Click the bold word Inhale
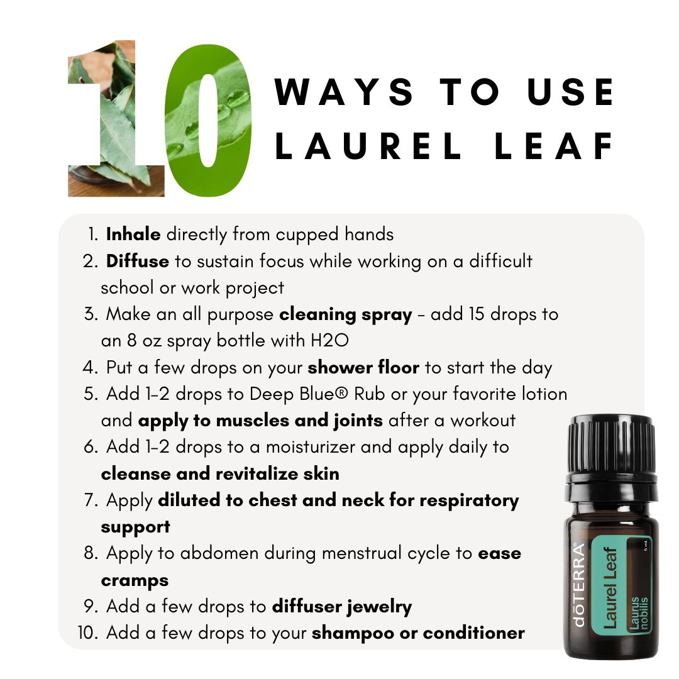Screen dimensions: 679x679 (133, 235)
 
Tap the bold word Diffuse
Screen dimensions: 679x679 (138, 261)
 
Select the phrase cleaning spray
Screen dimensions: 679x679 (346, 315)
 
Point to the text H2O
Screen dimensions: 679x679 (329, 340)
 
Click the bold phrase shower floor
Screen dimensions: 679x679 (363, 368)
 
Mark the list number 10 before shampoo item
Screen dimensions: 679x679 (88, 633)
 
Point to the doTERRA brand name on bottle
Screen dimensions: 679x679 (579, 585)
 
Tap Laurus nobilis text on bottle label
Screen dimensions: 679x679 (639, 613)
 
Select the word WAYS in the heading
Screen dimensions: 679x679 (344, 92)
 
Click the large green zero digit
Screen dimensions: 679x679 (208, 120)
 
